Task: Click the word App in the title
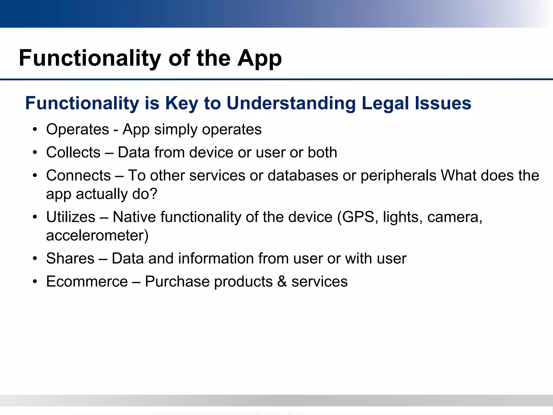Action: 259,59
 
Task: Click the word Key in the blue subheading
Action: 181,103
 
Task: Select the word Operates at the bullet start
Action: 77,129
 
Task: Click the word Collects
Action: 73,152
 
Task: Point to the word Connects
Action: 78,175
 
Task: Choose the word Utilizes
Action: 71,217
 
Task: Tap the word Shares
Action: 70,259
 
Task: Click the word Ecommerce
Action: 87,282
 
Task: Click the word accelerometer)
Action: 97,236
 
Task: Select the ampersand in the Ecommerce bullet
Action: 282,282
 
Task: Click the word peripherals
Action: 398,175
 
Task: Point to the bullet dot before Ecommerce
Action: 35,282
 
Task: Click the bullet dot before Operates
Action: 35,130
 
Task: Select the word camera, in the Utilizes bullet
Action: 455,217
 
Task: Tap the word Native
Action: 134,217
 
